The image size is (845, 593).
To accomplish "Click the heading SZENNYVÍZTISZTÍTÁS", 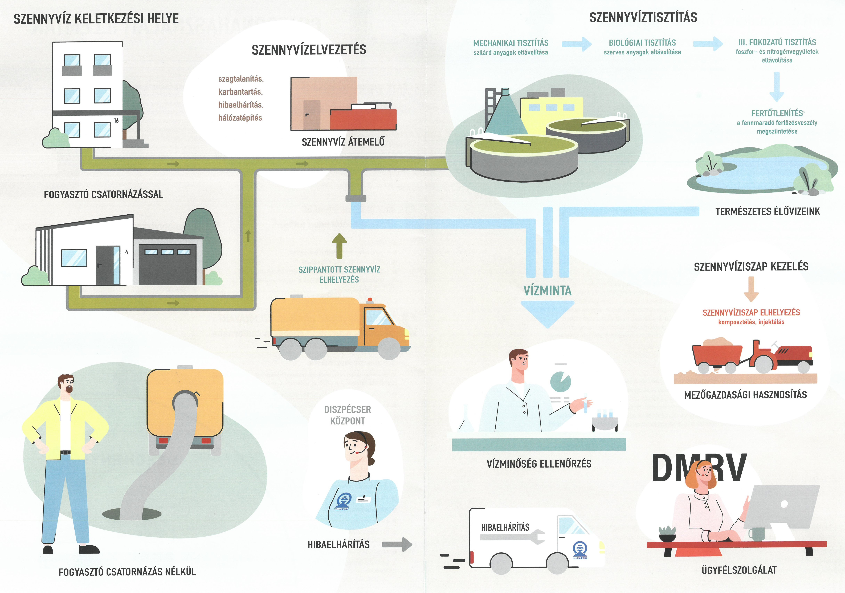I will point(643,18).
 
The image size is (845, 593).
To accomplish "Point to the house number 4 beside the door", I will point(127,252).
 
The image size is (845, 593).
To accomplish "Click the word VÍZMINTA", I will point(547,291).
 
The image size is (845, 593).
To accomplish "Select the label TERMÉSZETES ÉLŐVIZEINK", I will point(767,211).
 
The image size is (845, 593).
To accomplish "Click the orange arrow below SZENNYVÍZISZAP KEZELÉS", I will point(751,289).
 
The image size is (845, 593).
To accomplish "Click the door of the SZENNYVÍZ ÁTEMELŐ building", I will point(311,114).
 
